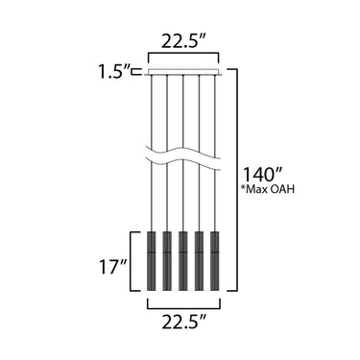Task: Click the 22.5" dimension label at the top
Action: point(183,40)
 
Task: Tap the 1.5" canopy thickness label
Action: point(114,71)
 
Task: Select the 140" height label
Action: point(262,174)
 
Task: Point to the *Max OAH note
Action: point(267,189)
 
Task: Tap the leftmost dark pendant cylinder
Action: point(151,261)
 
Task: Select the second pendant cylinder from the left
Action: point(167,261)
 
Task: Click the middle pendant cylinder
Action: point(182,261)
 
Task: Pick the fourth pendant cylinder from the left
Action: point(199,261)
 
